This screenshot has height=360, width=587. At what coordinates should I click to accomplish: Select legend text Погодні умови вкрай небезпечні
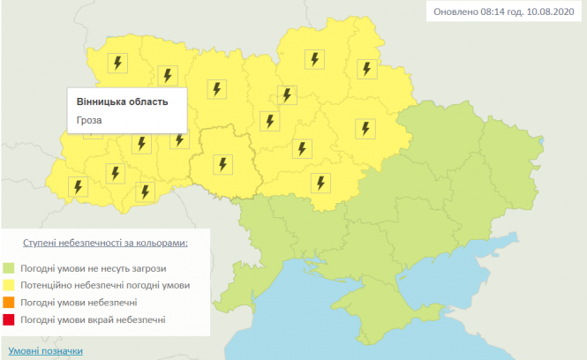point(92,319)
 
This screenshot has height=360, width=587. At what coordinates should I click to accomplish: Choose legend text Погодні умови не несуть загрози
point(92,268)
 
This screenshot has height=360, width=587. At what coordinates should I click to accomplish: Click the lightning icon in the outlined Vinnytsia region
point(222,163)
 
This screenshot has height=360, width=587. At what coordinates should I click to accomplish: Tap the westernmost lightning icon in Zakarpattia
point(78,187)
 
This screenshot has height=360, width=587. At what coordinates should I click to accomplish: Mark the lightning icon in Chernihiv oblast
point(314,59)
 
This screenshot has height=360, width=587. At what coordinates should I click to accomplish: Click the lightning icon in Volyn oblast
point(117,64)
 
